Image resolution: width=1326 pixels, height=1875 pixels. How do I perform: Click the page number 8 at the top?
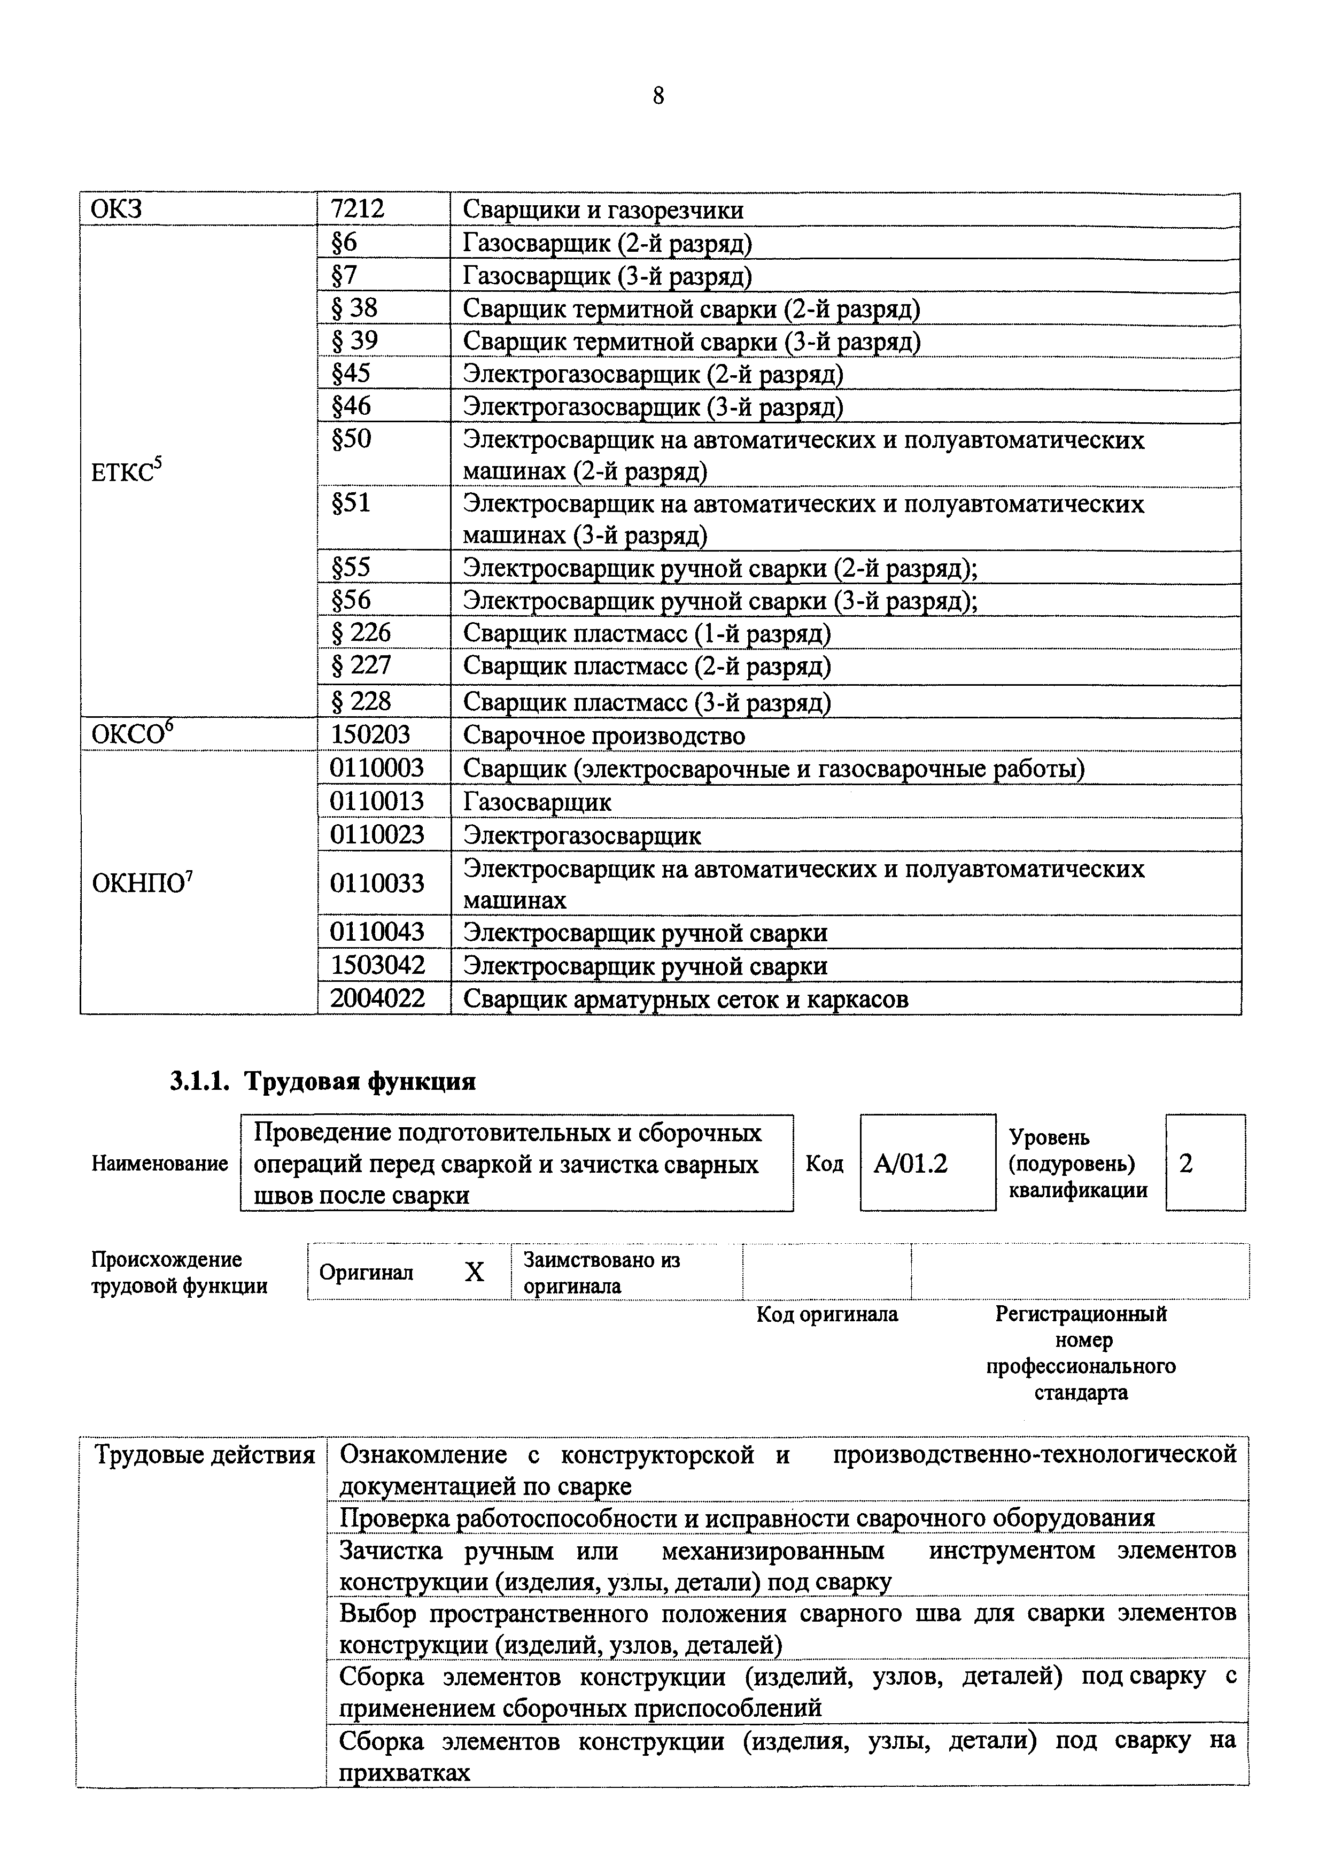point(658,96)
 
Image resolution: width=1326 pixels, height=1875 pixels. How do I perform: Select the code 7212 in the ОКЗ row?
point(358,210)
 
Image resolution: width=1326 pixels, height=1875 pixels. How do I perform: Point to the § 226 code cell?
point(361,633)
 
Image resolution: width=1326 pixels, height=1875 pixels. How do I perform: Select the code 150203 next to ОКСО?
point(370,735)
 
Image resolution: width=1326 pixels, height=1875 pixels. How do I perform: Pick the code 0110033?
point(377,884)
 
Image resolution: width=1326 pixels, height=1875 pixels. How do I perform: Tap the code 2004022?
point(377,998)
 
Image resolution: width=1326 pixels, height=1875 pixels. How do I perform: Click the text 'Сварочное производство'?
point(604,736)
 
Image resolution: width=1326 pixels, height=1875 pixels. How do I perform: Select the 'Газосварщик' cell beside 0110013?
point(537,802)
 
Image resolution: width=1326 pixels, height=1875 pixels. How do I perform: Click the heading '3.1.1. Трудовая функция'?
point(322,1081)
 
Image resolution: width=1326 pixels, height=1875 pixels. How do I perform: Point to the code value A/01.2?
point(910,1163)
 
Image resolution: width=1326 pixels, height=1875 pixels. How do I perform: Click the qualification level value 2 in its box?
point(1187,1163)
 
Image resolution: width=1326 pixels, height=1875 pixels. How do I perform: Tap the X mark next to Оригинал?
point(475,1272)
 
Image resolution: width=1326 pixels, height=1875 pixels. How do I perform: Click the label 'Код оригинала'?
point(826,1314)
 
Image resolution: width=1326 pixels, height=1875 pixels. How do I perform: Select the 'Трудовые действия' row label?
point(204,1454)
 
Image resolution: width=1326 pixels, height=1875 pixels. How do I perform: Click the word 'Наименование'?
point(159,1163)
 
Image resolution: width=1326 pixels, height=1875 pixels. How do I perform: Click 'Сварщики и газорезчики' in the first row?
point(602,210)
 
